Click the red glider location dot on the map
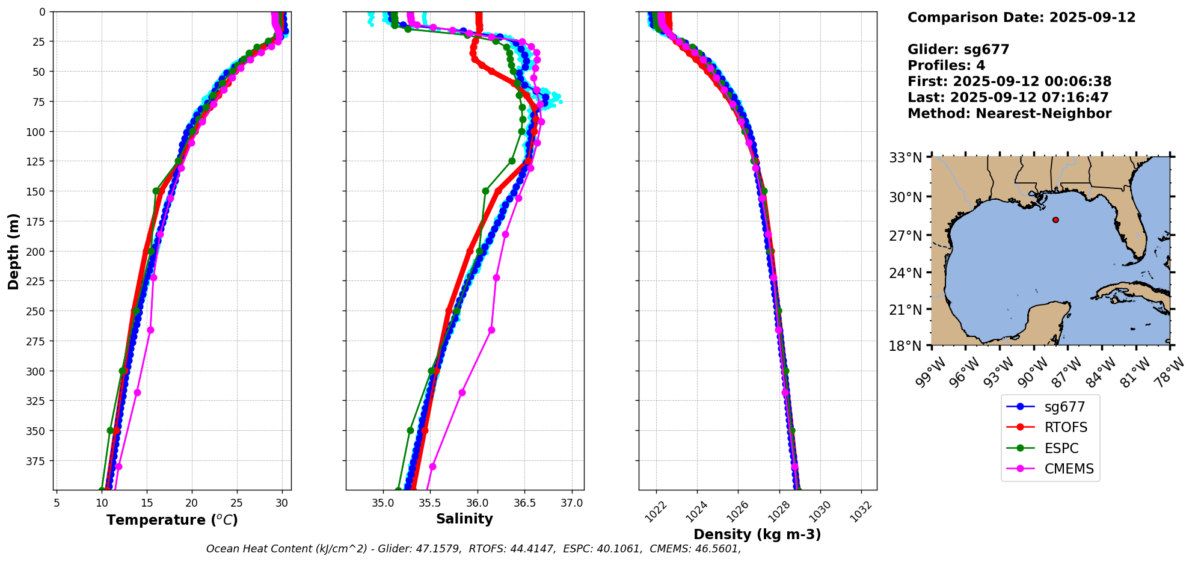[1055, 220]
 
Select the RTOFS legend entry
[1066, 428]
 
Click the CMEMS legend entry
[1069, 469]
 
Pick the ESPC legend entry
[1061, 449]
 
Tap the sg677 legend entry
[1064, 407]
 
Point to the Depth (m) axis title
[13, 251]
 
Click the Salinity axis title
[464, 519]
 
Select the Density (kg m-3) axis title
[757, 534]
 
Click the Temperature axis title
[172, 520]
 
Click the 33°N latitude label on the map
[906, 158]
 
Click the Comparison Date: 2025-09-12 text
[1021, 17]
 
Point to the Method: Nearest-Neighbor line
[1009, 114]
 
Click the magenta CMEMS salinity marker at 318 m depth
[462, 393]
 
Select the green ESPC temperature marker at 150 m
[156, 191]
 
